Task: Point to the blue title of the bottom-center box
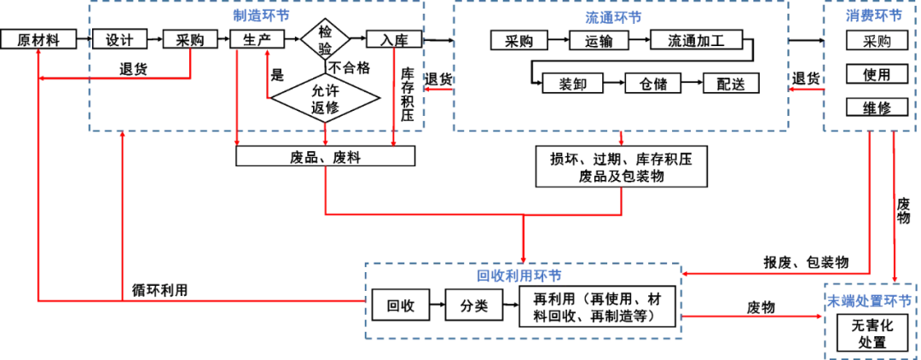pos(523,275)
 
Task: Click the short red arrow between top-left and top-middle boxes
pos(439,87)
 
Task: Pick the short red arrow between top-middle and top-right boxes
pos(805,87)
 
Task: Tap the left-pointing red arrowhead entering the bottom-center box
pos(687,274)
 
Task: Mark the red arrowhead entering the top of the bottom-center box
pos(523,256)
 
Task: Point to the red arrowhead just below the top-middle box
pos(622,137)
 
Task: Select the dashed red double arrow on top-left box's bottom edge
pos(325,135)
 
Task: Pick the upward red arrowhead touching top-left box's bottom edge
pos(124,137)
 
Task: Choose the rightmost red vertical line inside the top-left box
pos(393,94)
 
